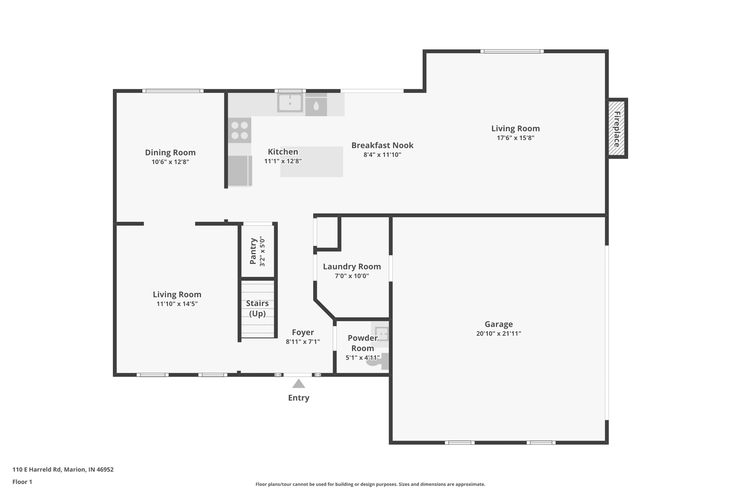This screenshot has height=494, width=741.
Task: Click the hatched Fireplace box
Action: (x=617, y=128)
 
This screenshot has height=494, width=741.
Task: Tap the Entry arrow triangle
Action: (x=298, y=384)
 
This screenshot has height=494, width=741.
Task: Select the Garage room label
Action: (x=499, y=324)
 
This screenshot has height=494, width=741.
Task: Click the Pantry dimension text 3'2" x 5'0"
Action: (x=262, y=252)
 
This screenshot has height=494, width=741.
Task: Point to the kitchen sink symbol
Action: (x=290, y=103)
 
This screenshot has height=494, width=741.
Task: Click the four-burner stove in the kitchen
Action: (x=240, y=130)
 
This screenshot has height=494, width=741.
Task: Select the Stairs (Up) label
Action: (x=257, y=308)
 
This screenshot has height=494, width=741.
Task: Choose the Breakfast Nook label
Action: (x=382, y=145)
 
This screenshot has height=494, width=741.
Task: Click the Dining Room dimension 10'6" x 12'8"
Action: (x=170, y=162)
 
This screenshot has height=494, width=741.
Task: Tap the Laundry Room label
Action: (x=352, y=267)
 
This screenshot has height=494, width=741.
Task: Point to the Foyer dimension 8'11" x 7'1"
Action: (x=303, y=342)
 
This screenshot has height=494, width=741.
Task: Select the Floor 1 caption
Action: (x=22, y=482)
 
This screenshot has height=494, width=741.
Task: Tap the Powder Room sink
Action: (x=381, y=333)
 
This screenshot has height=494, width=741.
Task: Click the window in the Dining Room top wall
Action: (x=173, y=91)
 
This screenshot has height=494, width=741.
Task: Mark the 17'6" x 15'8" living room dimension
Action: (x=515, y=138)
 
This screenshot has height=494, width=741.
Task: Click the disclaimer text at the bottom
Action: (x=370, y=484)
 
